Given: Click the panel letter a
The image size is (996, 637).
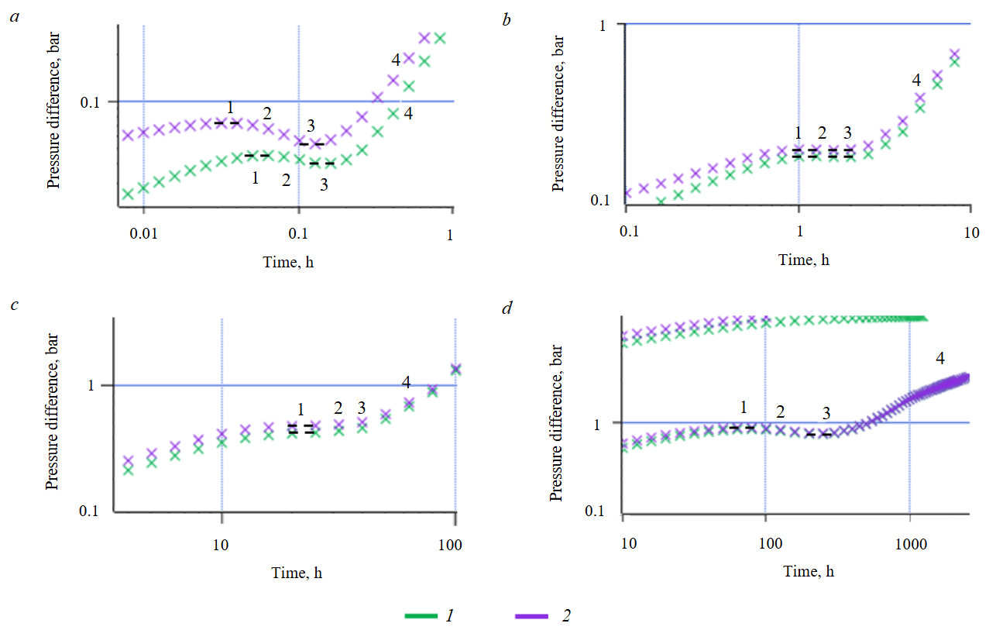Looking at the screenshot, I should coord(14,15).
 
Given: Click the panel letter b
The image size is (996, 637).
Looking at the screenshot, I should coord(507,19).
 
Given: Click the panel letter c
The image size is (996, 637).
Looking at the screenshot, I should coord(14,304).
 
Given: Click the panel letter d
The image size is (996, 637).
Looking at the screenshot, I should coord(507,308).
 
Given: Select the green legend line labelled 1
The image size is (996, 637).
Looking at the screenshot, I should coord(423,615).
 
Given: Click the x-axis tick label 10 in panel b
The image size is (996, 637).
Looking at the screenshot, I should coord(971,232).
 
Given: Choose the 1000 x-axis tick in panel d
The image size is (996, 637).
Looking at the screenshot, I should coord(910,545).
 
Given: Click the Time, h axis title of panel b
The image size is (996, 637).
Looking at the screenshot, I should coord(804,260).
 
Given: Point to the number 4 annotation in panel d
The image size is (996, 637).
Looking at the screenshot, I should coord(940,359).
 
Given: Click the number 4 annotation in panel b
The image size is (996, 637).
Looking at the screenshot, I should coord(916,80).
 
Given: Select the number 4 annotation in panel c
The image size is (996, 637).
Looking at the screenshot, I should coord(407,382).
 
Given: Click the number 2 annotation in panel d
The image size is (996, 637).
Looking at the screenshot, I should coord(780,411).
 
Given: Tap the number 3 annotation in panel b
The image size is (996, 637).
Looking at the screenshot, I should coord(847,132).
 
